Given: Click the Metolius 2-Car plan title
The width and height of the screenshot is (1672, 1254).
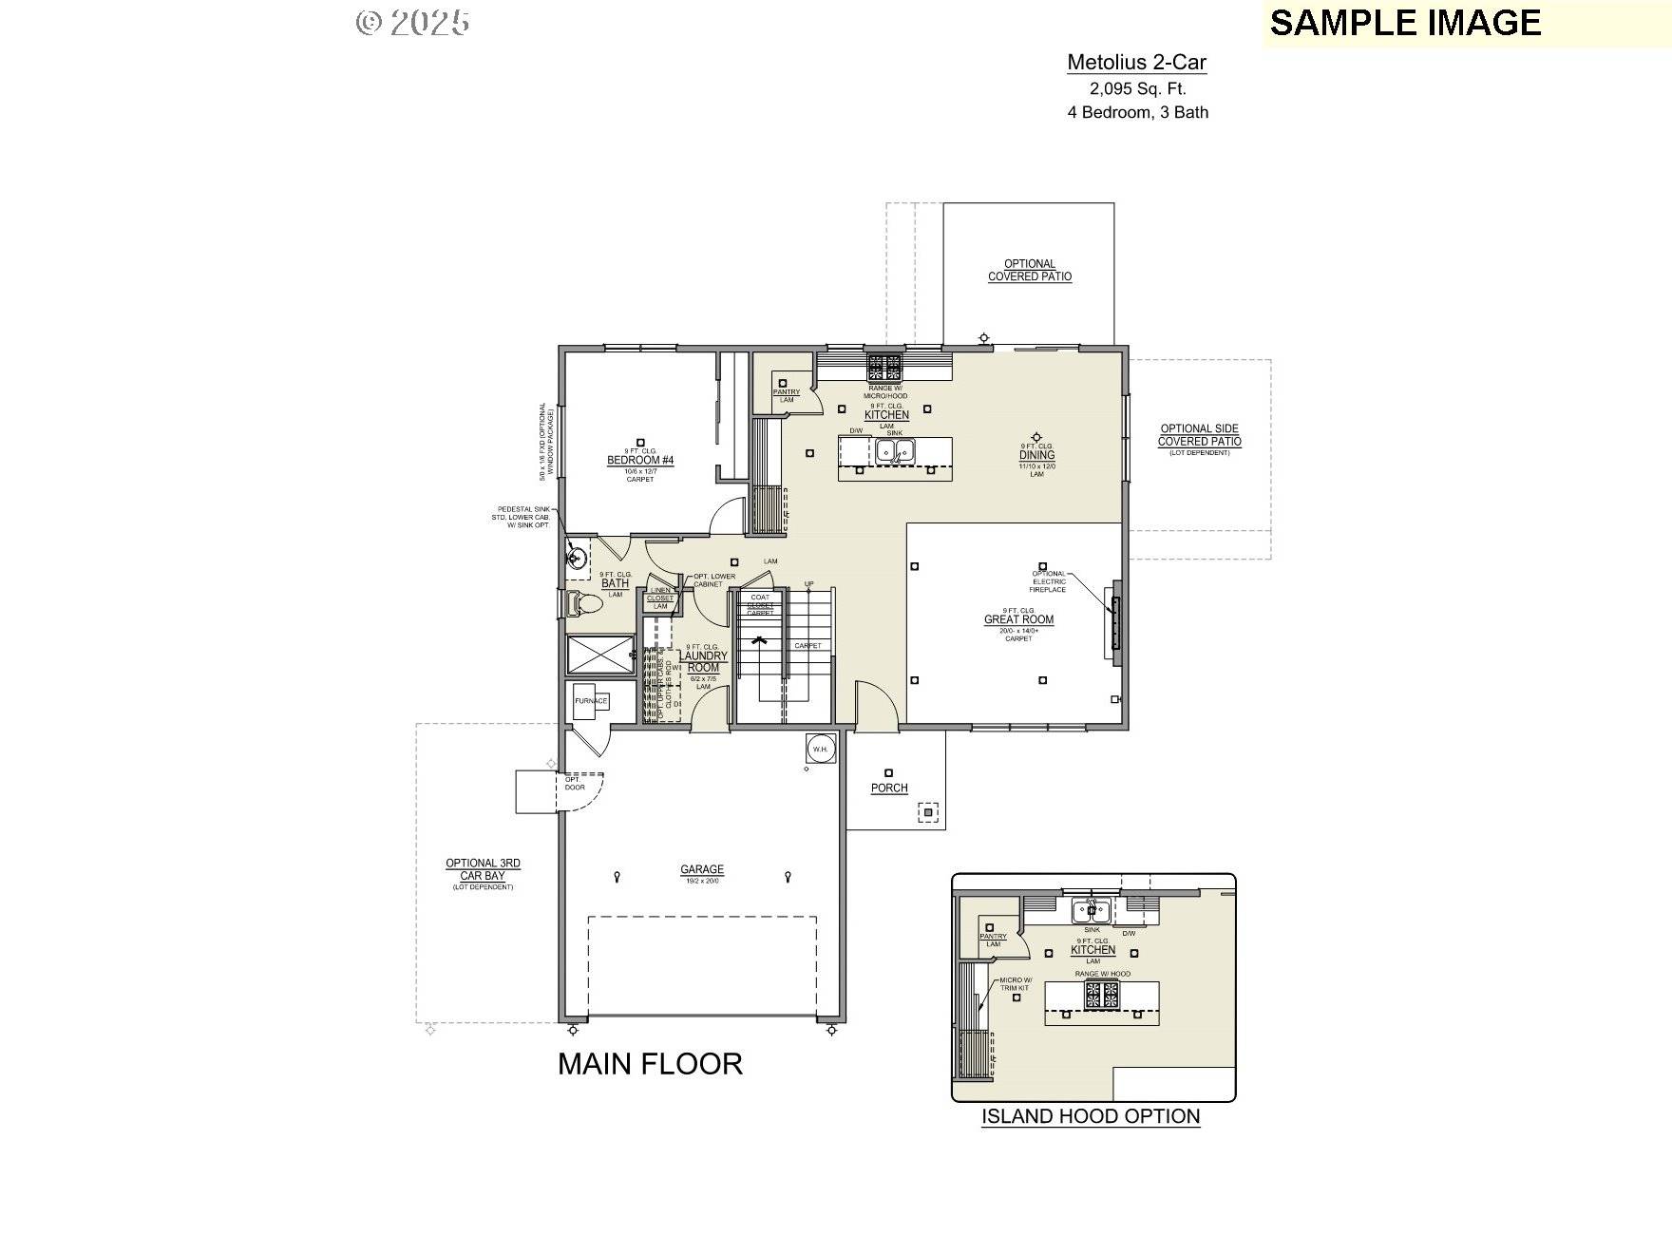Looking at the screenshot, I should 1136,63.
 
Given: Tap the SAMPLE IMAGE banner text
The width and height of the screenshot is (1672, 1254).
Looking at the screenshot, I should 1404,23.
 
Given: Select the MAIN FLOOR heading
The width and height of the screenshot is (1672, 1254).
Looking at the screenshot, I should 650,1064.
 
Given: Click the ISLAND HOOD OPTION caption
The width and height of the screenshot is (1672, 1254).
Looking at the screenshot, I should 1091,1116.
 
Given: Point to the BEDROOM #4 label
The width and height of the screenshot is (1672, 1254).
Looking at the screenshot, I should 640,461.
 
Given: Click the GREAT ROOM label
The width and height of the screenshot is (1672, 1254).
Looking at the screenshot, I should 1018,619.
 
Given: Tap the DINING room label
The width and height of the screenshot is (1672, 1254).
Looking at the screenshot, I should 1036,455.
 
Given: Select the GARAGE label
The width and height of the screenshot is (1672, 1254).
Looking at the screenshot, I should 702,869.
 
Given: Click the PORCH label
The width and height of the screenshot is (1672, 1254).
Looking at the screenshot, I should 889,788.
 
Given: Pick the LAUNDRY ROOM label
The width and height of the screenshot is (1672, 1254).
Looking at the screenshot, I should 704,661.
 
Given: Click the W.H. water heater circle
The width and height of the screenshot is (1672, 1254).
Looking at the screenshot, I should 820,749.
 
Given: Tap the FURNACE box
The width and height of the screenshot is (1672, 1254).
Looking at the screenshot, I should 590,701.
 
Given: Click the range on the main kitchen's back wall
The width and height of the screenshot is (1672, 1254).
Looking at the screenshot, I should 884,365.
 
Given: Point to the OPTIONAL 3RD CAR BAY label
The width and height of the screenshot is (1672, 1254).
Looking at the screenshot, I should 483,869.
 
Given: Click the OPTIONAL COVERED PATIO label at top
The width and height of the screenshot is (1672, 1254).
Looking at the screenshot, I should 1030,271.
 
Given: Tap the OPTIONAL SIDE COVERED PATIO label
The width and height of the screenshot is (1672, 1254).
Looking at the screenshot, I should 1199,435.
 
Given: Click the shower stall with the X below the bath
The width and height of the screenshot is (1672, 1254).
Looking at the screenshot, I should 600,655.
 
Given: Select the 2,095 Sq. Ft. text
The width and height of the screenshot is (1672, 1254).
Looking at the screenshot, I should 1137,89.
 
